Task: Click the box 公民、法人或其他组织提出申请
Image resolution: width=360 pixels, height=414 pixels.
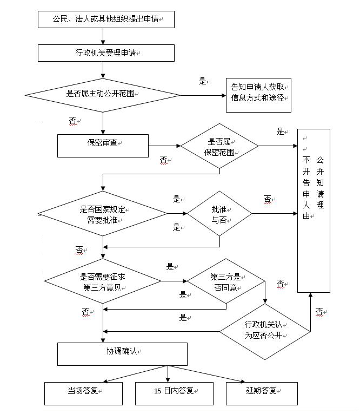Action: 106,19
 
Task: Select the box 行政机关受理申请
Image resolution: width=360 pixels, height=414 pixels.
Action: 106,53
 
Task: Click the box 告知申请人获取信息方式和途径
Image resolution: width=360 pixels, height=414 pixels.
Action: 258,95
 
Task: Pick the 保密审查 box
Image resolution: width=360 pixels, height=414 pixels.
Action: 103,144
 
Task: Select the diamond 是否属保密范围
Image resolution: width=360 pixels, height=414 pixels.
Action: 219,146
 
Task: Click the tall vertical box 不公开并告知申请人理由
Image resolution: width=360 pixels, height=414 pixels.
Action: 314,211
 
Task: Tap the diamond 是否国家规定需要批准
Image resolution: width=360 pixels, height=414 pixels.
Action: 103,214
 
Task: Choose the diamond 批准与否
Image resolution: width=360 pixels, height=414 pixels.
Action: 219,213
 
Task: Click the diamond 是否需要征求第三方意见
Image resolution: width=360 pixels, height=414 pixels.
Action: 103,281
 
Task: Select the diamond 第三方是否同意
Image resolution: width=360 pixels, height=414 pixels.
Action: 225,281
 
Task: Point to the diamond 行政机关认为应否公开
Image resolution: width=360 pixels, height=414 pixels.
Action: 264,331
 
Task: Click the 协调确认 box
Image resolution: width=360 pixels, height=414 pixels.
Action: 122,353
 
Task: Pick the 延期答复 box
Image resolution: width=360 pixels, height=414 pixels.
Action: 262,393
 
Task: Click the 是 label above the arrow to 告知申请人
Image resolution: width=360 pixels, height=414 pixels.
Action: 203,82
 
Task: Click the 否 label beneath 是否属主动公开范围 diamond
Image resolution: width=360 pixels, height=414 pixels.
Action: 73,121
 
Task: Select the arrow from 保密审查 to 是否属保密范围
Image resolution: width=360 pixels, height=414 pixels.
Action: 164,146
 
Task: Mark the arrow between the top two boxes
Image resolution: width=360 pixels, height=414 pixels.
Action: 103,36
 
